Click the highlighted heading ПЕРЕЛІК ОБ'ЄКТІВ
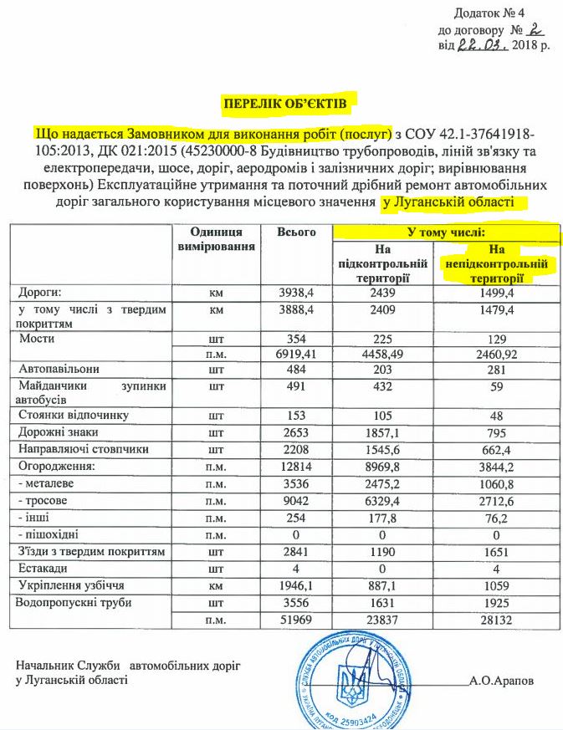[282, 102]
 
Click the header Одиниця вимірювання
[216, 240]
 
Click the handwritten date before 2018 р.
[482, 44]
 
